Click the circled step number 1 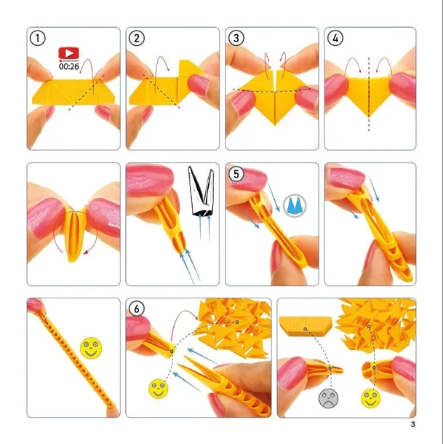(x=37, y=39)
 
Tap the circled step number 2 (x=137, y=39)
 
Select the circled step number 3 (x=236, y=39)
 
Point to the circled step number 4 (x=335, y=39)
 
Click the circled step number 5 (x=236, y=173)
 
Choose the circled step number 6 (x=137, y=309)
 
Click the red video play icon (x=68, y=53)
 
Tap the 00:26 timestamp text (x=69, y=66)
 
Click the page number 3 (x=413, y=424)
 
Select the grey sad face (x=328, y=398)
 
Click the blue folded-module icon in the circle (x=295, y=205)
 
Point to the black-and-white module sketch (x=201, y=191)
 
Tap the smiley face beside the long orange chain (x=91, y=348)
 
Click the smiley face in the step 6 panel (x=159, y=389)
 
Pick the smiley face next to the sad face (x=370, y=398)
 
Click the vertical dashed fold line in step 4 (x=369, y=95)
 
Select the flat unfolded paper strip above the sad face (x=305, y=326)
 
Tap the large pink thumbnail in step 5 (x=249, y=178)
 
